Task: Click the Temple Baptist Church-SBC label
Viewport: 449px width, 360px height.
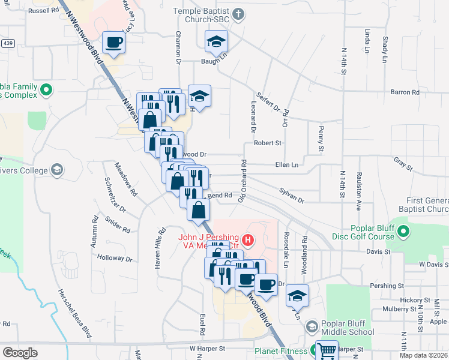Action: tap(202, 16)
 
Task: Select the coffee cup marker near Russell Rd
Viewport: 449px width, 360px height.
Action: tap(113, 42)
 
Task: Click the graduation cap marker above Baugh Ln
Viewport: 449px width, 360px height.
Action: tap(217, 41)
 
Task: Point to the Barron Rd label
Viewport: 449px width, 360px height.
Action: tap(405, 92)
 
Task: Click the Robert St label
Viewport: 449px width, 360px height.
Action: tap(268, 143)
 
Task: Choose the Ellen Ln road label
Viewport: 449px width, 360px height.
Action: tap(286, 165)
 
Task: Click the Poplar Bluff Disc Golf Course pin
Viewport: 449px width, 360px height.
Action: tap(403, 231)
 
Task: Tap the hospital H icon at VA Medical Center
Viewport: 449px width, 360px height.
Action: tap(247, 241)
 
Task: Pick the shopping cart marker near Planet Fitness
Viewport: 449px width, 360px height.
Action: tap(327, 350)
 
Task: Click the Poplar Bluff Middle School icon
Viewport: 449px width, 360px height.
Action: tap(312, 327)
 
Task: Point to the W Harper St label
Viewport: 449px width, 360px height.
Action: tap(207, 348)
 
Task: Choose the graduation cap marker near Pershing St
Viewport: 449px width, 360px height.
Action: tap(296, 296)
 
